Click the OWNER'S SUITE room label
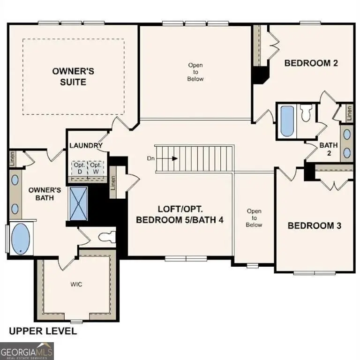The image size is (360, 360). [x=73, y=76]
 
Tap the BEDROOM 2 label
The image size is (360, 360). [x=311, y=63]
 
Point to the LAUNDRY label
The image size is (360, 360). [x=86, y=145]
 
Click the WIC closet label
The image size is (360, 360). [x=76, y=284]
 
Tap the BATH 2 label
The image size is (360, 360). [x=329, y=149]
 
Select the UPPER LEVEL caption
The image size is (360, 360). [x=43, y=331]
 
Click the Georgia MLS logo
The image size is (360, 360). [x=27, y=351]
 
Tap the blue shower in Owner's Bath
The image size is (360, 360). [x=78, y=203]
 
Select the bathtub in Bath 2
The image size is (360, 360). [x=286, y=121]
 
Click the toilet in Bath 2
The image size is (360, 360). [x=306, y=113]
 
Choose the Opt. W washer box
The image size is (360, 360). [x=96, y=168]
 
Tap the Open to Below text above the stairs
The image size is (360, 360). [x=195, y=72]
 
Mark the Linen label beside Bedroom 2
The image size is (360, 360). [x=349, y=112]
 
